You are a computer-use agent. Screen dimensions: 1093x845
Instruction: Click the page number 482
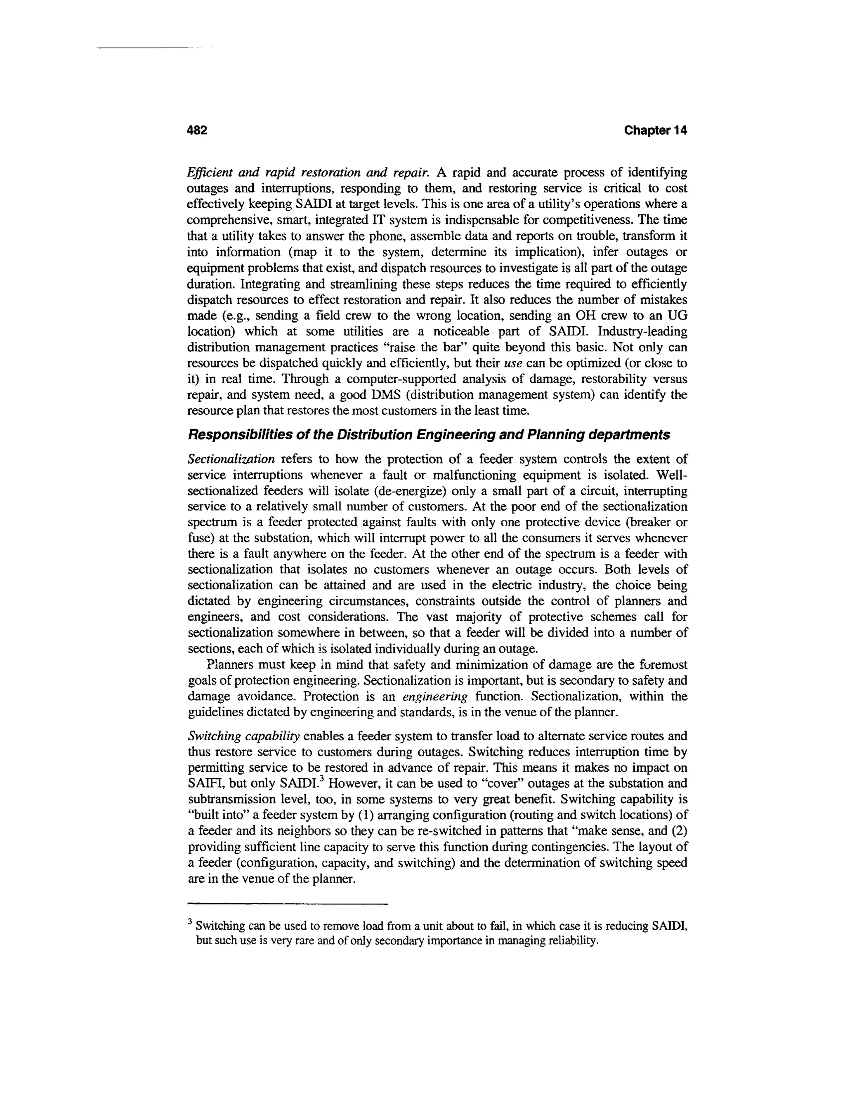tap(197, 131)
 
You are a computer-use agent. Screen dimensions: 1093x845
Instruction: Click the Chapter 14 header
tap(655, 131)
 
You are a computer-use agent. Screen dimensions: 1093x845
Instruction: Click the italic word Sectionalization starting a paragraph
tap(231, 459)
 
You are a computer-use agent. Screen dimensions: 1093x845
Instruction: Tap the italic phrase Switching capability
tap(243, 736)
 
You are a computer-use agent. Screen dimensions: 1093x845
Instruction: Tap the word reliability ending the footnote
tap(572, 941)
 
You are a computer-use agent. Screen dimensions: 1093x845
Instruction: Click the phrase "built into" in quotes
tap(218, 815)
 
